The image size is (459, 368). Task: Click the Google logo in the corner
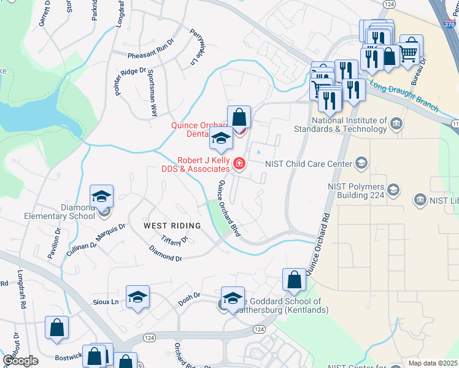pos(20,361)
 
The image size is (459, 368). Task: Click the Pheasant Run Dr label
pos(151,56)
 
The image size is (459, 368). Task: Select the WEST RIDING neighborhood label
pos(172,226)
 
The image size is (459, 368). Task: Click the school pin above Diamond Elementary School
pos(101,196)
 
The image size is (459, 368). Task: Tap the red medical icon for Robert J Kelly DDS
pos(239,164)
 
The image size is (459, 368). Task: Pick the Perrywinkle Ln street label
pos(196,47)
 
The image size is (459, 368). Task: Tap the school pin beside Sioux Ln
pos(138,297)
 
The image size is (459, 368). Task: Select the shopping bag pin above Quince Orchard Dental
pos(239,117)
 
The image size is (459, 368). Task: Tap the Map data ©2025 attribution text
pos(433,363)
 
